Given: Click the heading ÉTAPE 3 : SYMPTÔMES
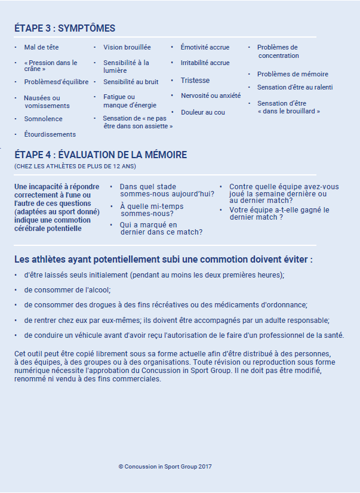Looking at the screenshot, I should pos(64,29).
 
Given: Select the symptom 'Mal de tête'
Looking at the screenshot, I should pos(41,47).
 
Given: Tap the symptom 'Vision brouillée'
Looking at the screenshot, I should pos(127,47).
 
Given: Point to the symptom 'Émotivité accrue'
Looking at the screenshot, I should pos(205,47).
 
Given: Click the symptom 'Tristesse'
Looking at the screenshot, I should pos(195,81).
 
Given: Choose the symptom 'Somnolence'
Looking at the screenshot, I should pos(43,119).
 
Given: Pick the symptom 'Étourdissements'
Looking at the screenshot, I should pos(50,134).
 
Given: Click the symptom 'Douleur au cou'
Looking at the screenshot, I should pos(203,112).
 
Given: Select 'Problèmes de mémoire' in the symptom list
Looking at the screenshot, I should pos(293,74).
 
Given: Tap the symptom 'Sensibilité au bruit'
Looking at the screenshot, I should pos(131,82).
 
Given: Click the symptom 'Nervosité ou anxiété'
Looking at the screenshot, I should pos(211,95).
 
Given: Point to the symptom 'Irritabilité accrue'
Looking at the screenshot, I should pos(205,63).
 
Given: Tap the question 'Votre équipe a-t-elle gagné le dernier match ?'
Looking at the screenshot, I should pos(279,214).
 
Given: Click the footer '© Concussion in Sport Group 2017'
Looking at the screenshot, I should pos(165,467).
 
